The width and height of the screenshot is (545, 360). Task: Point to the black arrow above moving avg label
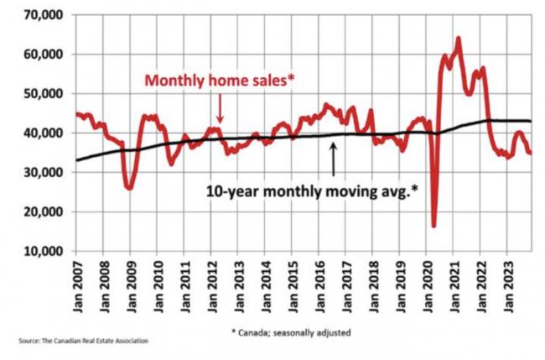[334, 159]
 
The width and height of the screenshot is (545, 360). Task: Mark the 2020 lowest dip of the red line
[433, 225]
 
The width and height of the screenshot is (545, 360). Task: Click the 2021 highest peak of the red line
[459, 39]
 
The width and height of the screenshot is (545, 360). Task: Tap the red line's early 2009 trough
[129, 188]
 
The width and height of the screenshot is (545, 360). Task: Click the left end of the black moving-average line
[77, 159]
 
